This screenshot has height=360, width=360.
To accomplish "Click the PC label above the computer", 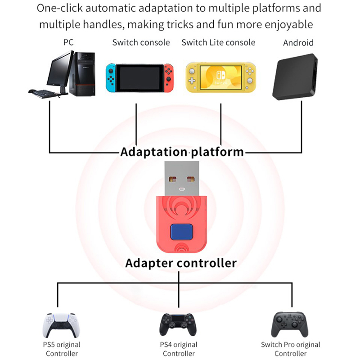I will click(x=68, y=43).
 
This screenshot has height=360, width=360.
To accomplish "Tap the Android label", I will click(x=298, y=43).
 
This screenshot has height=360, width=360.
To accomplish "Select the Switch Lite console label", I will click(x=218, y=43).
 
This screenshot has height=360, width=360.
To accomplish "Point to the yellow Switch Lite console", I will click(x=220, y=77).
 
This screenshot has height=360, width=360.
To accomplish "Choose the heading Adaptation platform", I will click(x=182, y=152).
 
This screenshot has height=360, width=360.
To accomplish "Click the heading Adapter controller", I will click(x=180, y=262).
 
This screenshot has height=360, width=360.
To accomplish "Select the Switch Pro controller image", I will click(x=290, y=323).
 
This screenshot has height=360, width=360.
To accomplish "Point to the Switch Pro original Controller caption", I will click(x=290, y=349).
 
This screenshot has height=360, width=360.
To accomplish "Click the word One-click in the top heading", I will click(x=60, y=8).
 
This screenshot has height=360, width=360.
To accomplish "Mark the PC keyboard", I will click(x=45, y=92).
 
